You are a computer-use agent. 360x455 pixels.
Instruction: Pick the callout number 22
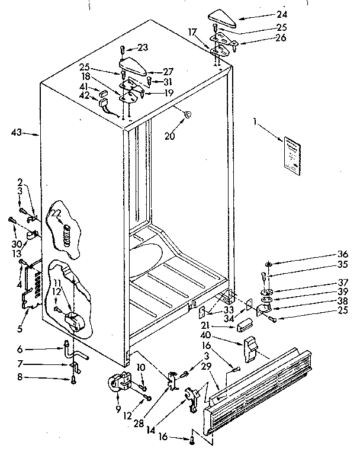56,214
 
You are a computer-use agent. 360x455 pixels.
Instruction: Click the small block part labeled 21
244,325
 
